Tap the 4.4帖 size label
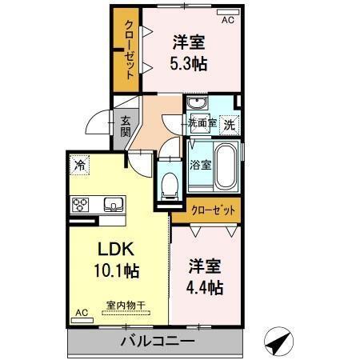(x=206, y=286)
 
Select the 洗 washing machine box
(x=229, y=125)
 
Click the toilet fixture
(x=169, y=186)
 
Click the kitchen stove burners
(x=82, y=205)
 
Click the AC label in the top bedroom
(x=228, y=18)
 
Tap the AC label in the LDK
(x=81, y=313)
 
